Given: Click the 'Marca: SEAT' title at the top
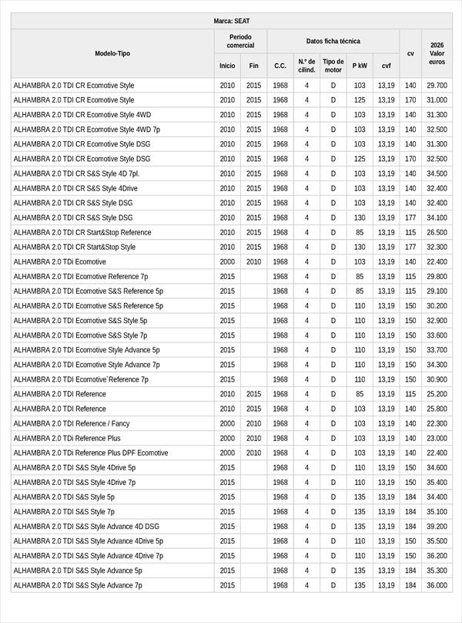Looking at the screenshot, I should tap(231, 21).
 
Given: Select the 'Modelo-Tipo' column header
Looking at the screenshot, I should tap(112, 54).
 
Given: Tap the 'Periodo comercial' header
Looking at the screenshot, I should tap(240, 42).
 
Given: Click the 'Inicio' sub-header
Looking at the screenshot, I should tap(227, 66).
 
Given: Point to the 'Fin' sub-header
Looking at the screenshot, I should tap(254, 66).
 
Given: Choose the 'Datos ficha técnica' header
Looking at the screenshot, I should tap(333, 42).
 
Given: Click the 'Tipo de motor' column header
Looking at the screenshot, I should tap(333, 66).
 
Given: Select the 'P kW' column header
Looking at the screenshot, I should tap(360, 66).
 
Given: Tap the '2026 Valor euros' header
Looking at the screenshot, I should tap(437, 53).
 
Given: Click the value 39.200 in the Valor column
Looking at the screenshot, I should tap(437, 527).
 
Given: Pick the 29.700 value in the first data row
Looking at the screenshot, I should tap(437, 86).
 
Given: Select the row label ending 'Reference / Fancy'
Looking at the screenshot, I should tap(72, 423).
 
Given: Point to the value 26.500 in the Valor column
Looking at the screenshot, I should tap(437, 232).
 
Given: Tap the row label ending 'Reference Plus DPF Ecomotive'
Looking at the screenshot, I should tap(90, 453).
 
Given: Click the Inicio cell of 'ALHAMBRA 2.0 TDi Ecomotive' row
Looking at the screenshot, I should tap(227, 262).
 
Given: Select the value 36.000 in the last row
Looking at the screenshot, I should tap(437, 585).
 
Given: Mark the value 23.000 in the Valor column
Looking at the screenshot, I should tap(437, 438).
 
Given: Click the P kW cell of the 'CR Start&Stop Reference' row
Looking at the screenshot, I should tap(360, 232).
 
